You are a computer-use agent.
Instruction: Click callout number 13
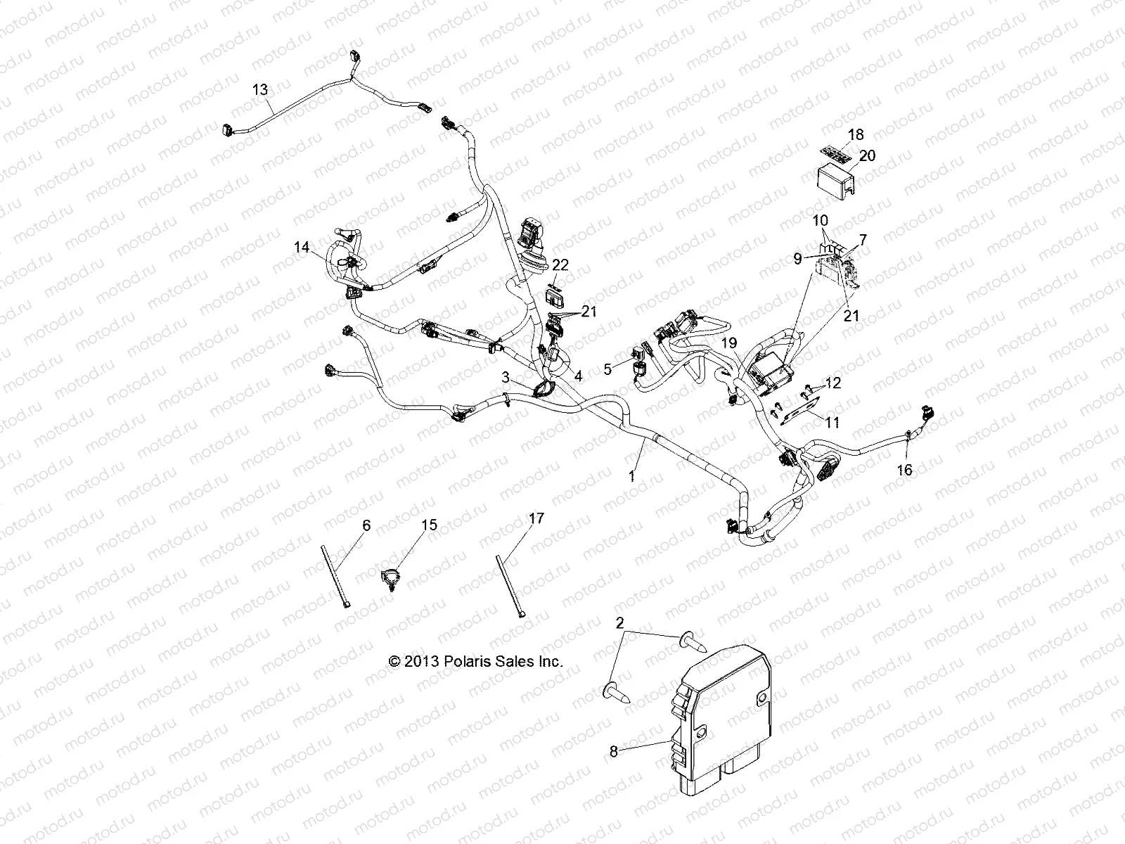[x=260, y=89]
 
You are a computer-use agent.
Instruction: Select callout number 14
[x=302, y=247]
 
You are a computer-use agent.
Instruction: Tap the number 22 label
[x=560, y=265]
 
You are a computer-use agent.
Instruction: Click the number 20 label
[x=868, y=155]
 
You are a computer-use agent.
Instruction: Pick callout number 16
[x=905, y=470]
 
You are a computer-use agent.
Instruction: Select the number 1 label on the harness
[x=631, y=476]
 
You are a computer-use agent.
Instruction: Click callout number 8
[x=613, y=752]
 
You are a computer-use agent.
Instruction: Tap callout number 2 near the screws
[x=619, y=622]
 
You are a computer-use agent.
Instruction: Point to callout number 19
[x=729, y=343]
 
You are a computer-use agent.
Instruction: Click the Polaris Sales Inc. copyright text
[x=476, y=662]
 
